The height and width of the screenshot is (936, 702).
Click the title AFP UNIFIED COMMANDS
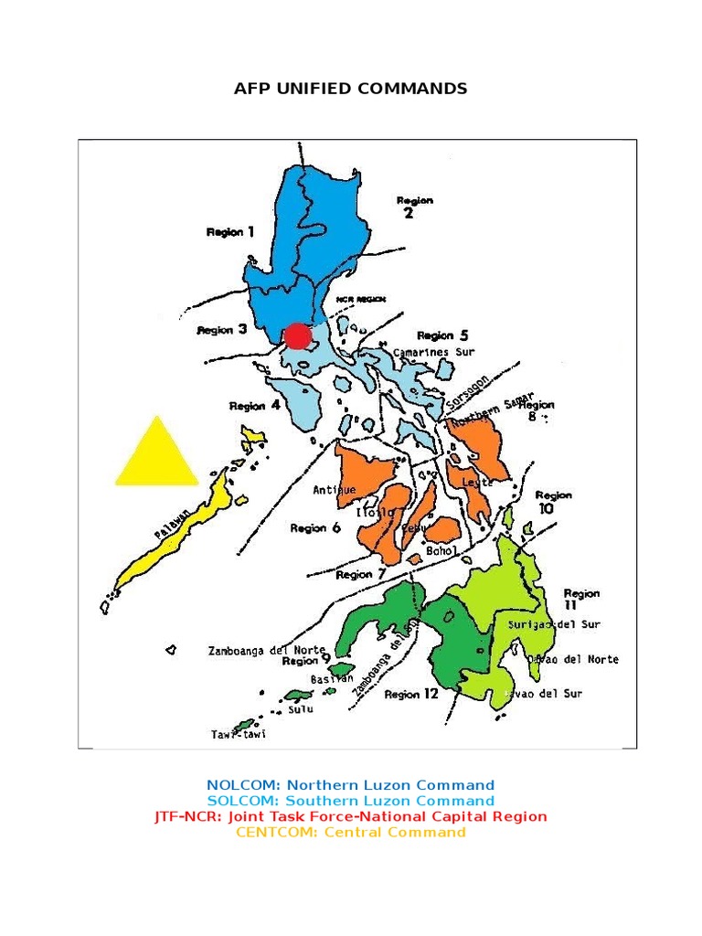click(x=351, y=89)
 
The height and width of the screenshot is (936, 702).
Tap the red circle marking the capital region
click(x=297, y=336)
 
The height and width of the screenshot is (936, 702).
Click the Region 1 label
click(x=230, y=232)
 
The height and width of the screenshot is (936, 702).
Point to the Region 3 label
click(x=222, y=330)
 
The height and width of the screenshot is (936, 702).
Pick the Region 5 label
click(x=442, y=335)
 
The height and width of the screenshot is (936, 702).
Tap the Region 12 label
click(x=411, y=694)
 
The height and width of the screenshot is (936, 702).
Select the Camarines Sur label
click(x=435, y=351)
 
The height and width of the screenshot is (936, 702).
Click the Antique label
click(x=335, y=490)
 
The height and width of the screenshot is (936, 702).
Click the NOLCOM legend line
click(x=350, y=784)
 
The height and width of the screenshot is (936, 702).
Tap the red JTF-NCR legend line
click(x=350, y=816)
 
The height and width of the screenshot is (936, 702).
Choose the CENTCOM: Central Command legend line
click(x=350, y=832)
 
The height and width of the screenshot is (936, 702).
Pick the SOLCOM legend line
click(x=350, y=801)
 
